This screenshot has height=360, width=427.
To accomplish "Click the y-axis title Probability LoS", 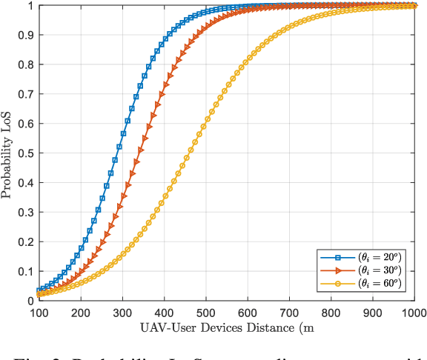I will tap(8, 153).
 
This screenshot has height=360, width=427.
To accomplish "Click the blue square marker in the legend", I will tap(337, 257).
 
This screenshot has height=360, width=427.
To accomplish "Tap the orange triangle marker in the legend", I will tap(337, 270).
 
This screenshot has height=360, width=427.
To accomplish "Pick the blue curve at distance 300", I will tap(122, 136).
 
